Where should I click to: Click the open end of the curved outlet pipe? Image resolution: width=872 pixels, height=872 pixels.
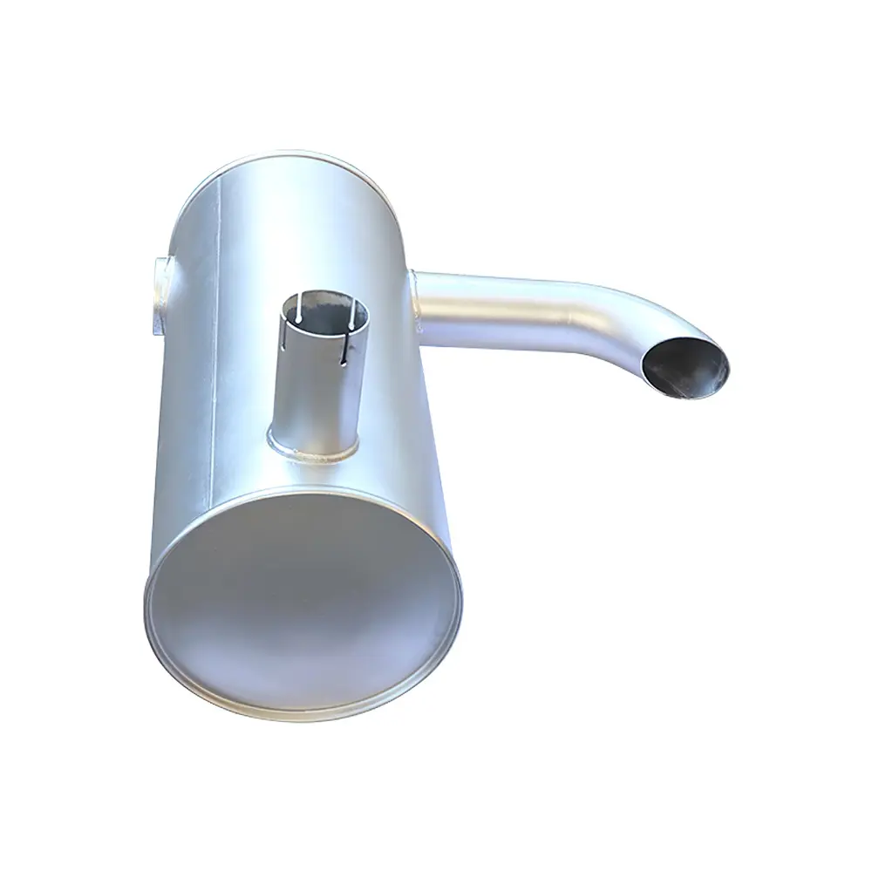pyautogui.click(x=685, y=366)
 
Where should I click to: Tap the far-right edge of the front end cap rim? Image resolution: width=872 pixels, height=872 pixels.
pyautogui.click(x=460, y=602)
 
